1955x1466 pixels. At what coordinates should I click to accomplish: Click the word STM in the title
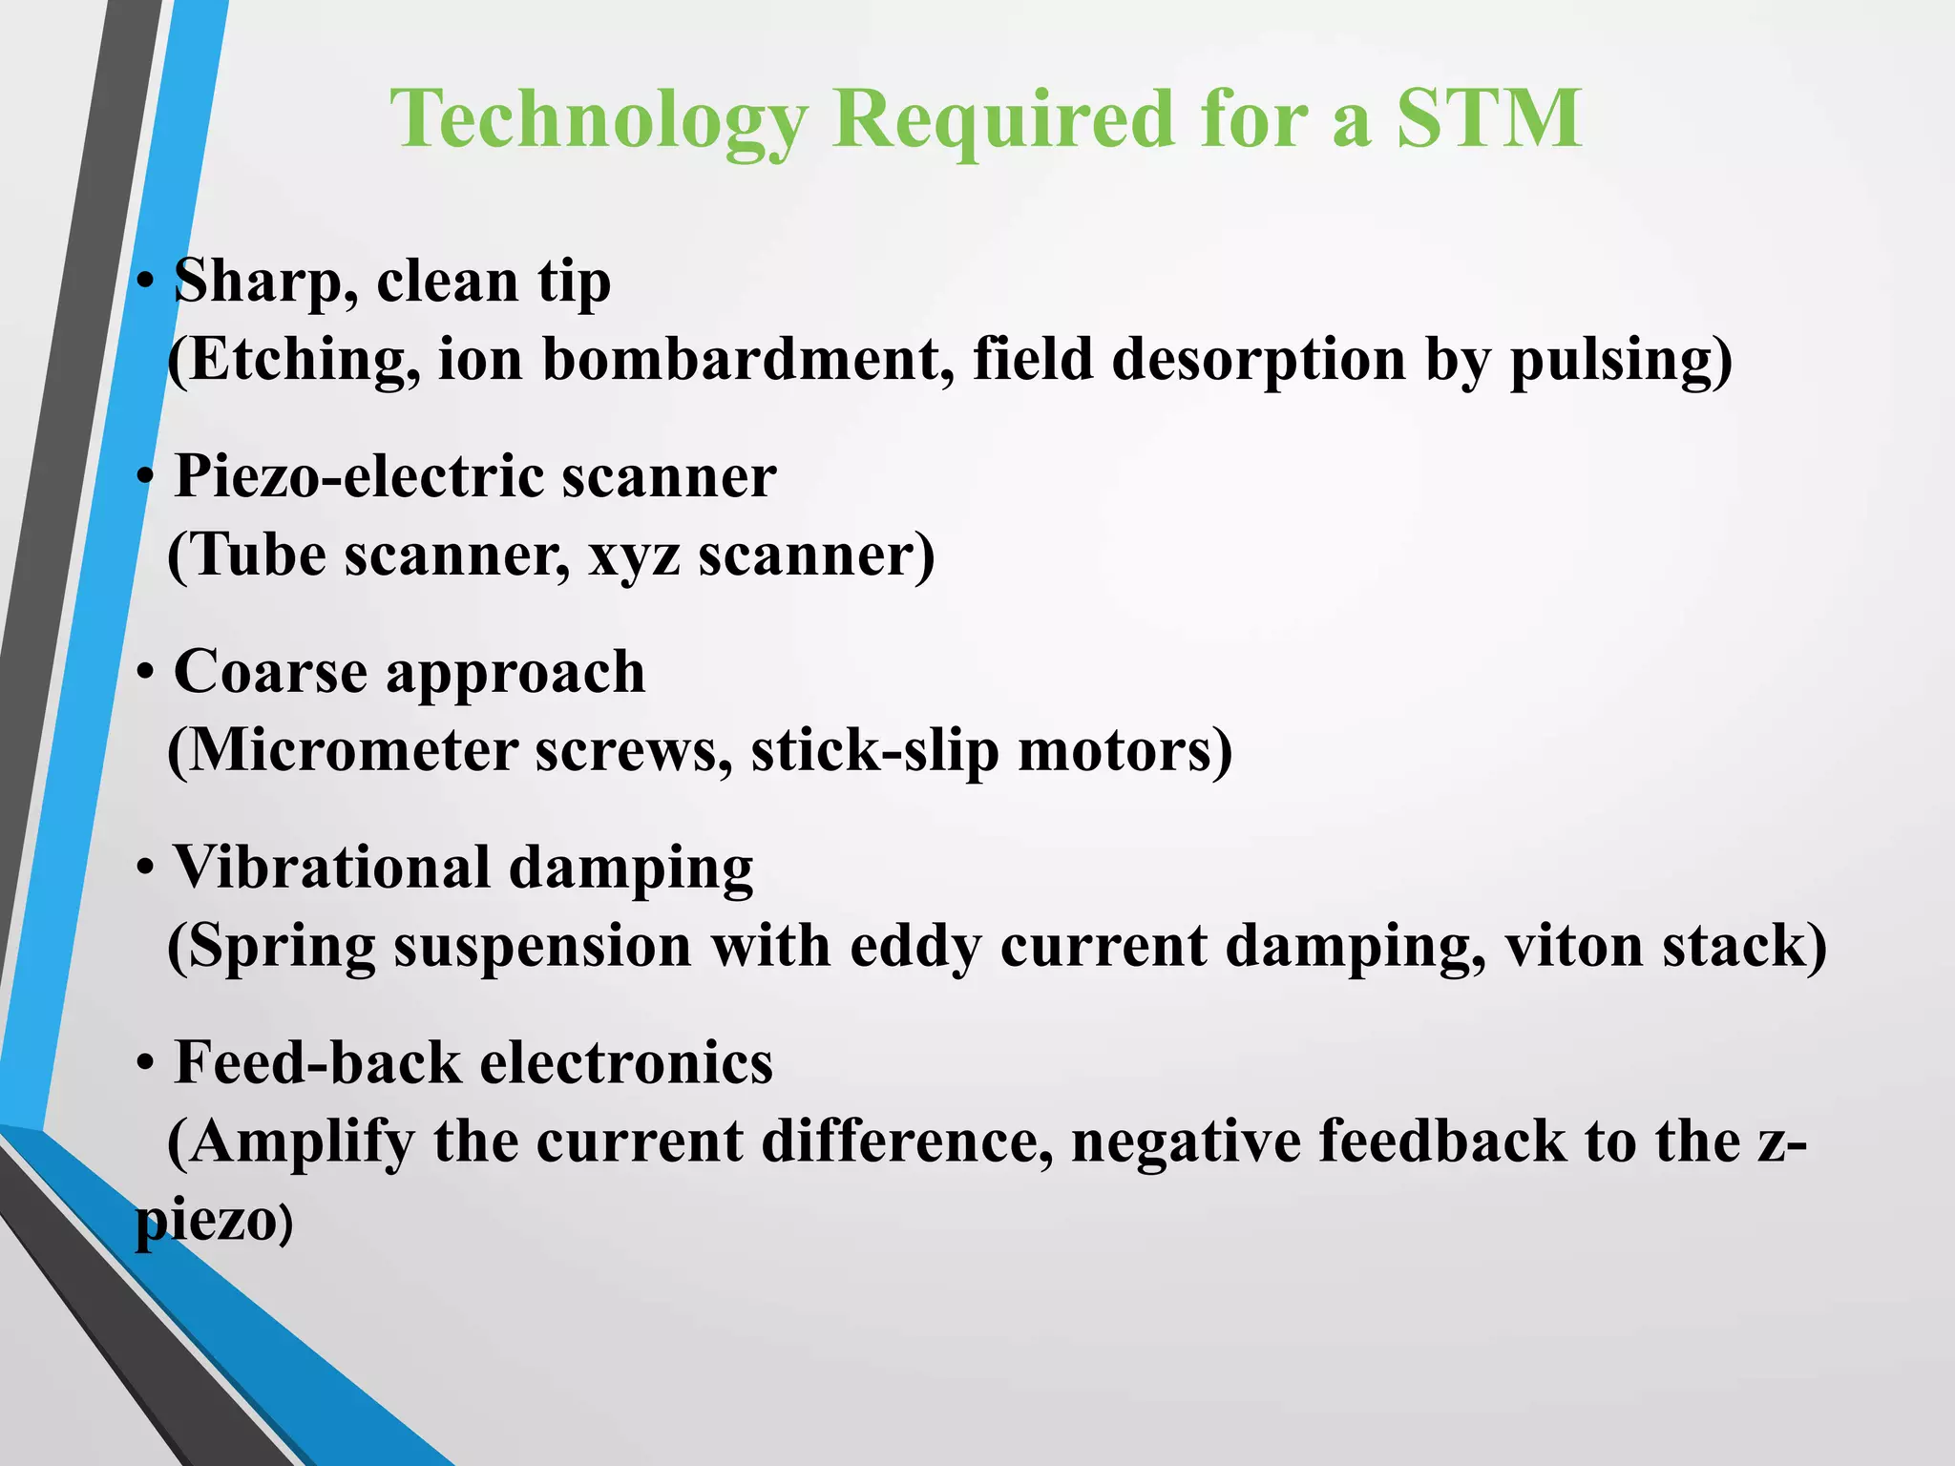tap(1488, 118)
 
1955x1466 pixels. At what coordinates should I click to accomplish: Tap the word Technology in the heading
tap(599, 120)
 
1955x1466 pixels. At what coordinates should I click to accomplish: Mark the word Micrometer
tap(351, 751)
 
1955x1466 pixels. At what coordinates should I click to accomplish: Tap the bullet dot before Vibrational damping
tap(145, 869)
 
